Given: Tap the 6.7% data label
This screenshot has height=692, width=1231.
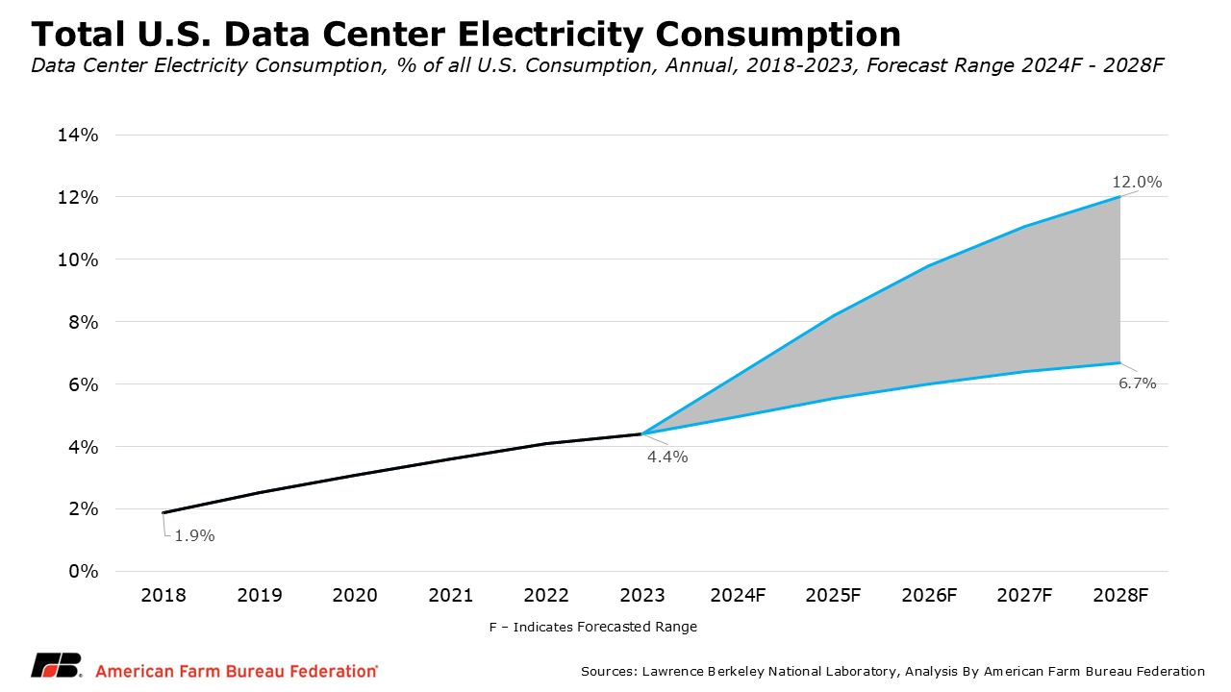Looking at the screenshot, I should pyautogui.click(x=1137, y=383).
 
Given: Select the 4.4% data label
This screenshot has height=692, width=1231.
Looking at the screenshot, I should pyautogui.click(x=667, y=457).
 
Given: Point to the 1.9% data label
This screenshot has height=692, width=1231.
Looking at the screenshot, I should pyautogui.click(x=194, y=536).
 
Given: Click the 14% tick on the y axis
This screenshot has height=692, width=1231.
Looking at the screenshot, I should pyautogui.click(x=78, y=135).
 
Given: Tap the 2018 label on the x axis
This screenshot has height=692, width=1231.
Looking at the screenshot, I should pyautogui.click(x=163, y=596).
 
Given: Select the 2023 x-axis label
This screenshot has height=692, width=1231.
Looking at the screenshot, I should pyautogui.click(x=641, y=596).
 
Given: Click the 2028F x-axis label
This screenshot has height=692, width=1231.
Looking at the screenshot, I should pyautogui.click(x=1120, y=596).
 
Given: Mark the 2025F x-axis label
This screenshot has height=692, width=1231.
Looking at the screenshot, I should pyautogui.click(x=834, y=596).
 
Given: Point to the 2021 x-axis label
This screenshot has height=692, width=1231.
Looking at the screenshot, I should pyautogui.click(x=451, y=596).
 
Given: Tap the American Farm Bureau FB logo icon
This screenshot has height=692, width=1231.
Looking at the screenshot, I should pyautogui.click(x=56, y=667).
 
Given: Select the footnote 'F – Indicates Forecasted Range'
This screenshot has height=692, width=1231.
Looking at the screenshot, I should pyautogui.click(x=592, y=627).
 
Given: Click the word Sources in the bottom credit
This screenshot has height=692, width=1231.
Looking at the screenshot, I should pyautogui.click(x=609, y=671).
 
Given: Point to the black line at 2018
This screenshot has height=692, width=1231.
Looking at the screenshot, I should pyautogui.click(x=163, y=512).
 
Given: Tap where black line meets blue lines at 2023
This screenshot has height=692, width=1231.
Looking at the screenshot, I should pyautogui.click(x=641, y=433).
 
